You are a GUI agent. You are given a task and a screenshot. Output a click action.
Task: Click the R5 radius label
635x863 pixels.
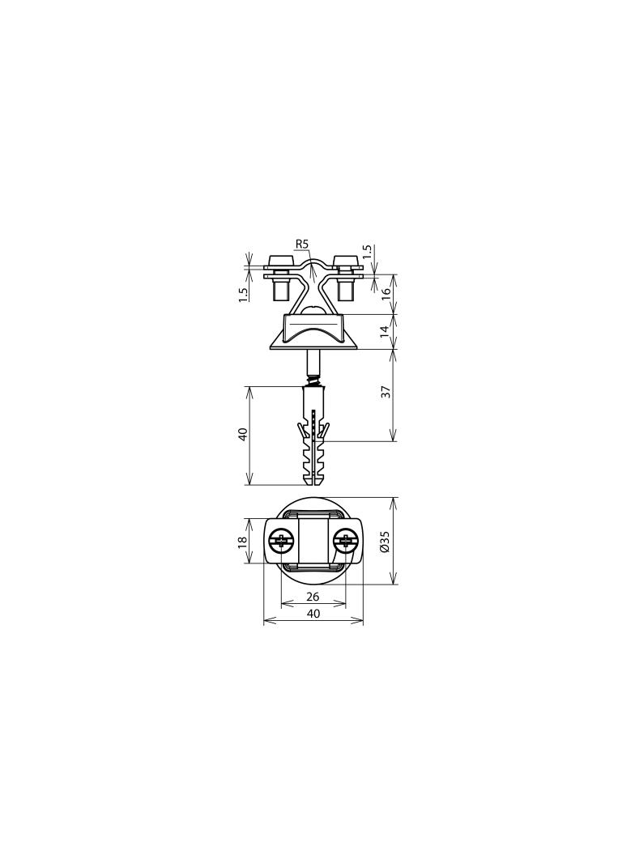click(303, 243)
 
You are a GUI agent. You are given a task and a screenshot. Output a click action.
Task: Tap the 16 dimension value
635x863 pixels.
click(386, 293)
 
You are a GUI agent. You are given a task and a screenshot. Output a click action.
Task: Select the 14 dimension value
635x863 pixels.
click(386, 330)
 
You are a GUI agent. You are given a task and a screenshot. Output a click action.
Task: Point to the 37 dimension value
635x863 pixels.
click(386, 391)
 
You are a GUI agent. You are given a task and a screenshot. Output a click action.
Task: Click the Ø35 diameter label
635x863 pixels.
click(386, 541)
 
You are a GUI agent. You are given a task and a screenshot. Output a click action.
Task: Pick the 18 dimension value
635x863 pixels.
click(242, 542)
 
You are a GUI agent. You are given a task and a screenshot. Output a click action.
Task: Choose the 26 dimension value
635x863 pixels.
click(313, 597)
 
